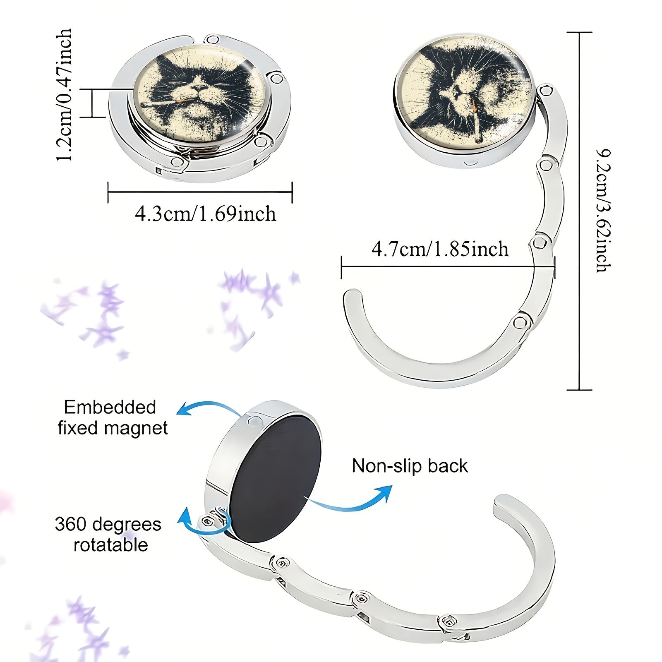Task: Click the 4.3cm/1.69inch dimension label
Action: point(205,214)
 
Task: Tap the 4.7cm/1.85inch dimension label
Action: point(440,249)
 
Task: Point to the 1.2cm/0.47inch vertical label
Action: point(65,95)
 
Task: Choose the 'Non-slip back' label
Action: point(410,466)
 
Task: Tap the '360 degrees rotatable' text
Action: point(108,534)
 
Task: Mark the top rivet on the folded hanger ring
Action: point(213,40)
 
